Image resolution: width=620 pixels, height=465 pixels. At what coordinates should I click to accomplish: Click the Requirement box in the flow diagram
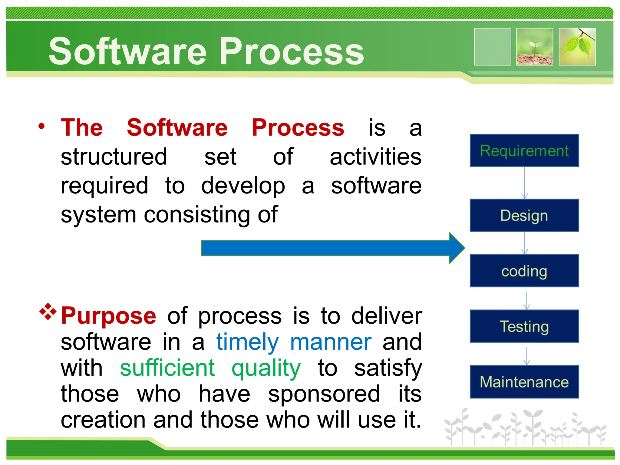point(524,150)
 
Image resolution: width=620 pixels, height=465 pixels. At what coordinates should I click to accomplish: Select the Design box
point(524,215)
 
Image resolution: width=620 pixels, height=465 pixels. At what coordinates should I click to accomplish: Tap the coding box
point(524,271)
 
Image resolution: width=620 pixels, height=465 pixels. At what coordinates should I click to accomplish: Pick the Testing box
point(524,326)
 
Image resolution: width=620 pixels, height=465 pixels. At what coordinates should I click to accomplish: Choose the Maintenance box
point(524,381)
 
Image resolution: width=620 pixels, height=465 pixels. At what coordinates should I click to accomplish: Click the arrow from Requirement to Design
point(525,183)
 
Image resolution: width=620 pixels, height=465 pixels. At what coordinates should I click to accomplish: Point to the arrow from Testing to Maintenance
point(527,356)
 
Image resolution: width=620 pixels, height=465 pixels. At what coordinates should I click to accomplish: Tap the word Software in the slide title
point(127,51)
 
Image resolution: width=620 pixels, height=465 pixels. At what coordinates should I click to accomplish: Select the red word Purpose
point(108,316)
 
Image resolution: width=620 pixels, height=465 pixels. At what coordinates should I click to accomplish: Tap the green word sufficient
point(167,368)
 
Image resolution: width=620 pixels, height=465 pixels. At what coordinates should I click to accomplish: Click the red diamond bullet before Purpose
point(48,311)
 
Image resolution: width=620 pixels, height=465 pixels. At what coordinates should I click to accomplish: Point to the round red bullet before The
point(41,126)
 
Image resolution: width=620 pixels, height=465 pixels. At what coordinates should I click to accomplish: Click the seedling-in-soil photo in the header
point(535,47)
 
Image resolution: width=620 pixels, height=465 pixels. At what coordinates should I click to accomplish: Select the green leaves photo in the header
point(577,47)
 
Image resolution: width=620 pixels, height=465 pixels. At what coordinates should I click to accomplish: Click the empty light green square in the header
point(493,47)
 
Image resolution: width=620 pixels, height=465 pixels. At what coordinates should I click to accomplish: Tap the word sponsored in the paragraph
point(324,394)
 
